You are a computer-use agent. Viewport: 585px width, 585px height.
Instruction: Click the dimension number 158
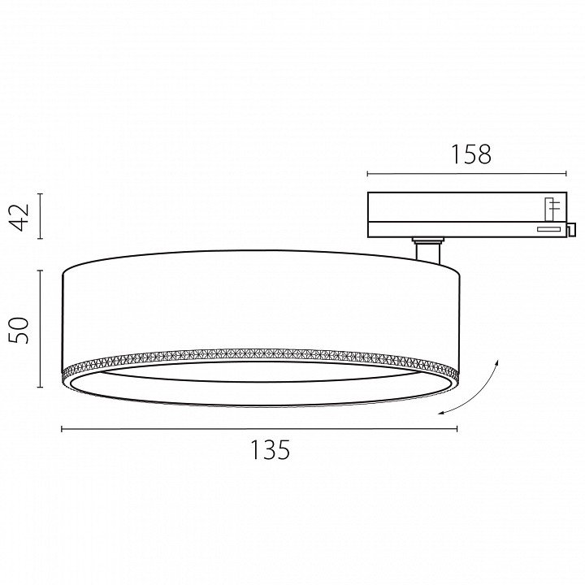tap(471, 154)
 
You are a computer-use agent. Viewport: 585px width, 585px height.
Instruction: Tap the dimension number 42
tap(19, 217)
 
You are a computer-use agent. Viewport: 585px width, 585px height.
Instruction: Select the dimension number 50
tap(19, 330)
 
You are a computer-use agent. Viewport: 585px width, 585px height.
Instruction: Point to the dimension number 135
tap(270, 449)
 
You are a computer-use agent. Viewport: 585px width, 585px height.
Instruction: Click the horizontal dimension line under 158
tap(466, 174)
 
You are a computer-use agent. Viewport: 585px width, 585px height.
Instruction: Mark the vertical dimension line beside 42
tap(41, 216)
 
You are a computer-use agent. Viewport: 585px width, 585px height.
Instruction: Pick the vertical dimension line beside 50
tap(41, 329)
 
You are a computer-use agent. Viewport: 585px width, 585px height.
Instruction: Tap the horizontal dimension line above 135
tap(259, 429)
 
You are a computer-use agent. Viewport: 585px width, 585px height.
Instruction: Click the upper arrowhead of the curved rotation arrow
tap(496, 362)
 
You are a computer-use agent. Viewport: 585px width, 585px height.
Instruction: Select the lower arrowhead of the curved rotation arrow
tap(441, 412)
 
